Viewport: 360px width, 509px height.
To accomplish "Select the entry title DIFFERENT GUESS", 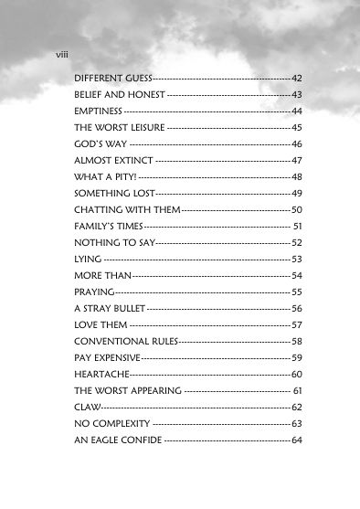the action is pos(113,80).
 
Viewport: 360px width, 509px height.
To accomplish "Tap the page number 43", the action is pos(297,95).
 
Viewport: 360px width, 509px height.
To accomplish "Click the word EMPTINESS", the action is pos(99,111).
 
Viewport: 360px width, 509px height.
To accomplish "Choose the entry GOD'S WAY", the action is pos(101,144).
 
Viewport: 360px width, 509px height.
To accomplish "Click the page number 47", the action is pos(297,161).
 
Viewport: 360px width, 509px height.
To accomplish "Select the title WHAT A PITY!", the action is pos(105,176).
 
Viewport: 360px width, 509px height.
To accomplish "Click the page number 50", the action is pos(297,209).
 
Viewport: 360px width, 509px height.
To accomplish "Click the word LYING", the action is pos(89,260).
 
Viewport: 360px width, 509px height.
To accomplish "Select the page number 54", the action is pos(297,275).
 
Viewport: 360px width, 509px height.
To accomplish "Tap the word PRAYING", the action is pos(94,292).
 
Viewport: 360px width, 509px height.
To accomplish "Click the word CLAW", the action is pos(87,407).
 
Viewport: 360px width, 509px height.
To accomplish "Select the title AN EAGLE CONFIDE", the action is pos(118,440).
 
